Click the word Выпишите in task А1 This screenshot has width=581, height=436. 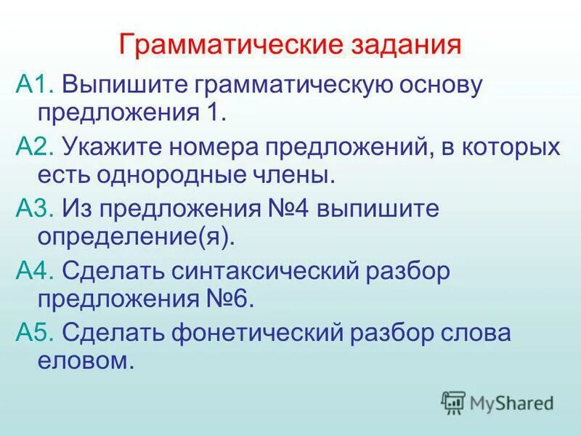(123, 85)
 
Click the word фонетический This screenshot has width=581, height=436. (269, 333)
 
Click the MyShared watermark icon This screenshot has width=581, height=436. (453, 402)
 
